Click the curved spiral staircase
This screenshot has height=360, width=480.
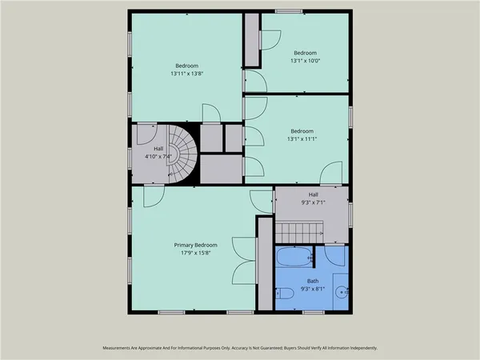[179, 154]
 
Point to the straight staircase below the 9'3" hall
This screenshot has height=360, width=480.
[300, 232]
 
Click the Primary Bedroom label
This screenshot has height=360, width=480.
[195, 245]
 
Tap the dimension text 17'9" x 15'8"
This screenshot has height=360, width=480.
[195, 253]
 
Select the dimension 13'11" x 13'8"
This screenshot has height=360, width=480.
[187, 74]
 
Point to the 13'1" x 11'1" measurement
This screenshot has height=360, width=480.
[302, 139]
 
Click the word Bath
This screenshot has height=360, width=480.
[313, 281]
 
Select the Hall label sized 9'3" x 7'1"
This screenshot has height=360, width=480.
[313, 194]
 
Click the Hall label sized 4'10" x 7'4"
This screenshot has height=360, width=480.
[158, 149]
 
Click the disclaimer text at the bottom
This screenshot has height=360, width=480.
[240, 349]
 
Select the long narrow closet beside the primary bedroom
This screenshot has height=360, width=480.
[264, 264]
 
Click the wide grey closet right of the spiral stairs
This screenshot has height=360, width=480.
[220, 170]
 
